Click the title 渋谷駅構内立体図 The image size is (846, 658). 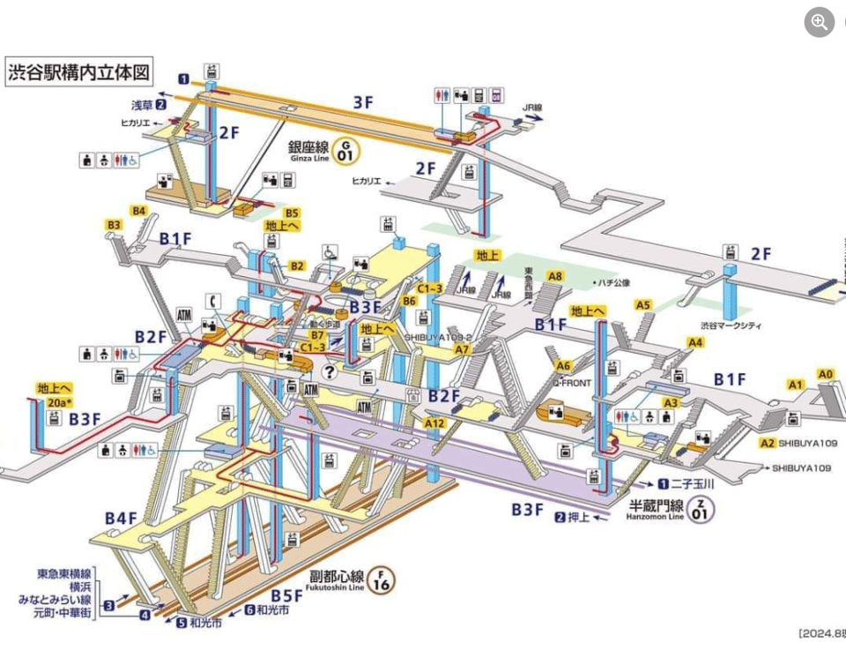[x=78, y=71]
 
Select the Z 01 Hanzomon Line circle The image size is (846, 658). [x=701, y=509]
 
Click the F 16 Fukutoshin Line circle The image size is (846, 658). [x=382, y=580]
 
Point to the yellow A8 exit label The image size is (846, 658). [x=554, y=277]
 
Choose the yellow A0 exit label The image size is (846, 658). [x=825, y=373]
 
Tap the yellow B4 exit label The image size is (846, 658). [x=138, y=211]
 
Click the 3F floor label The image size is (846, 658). [x=364, y=102]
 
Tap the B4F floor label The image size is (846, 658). [x=122, y=518]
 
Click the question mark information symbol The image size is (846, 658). [x=330, y=371]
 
